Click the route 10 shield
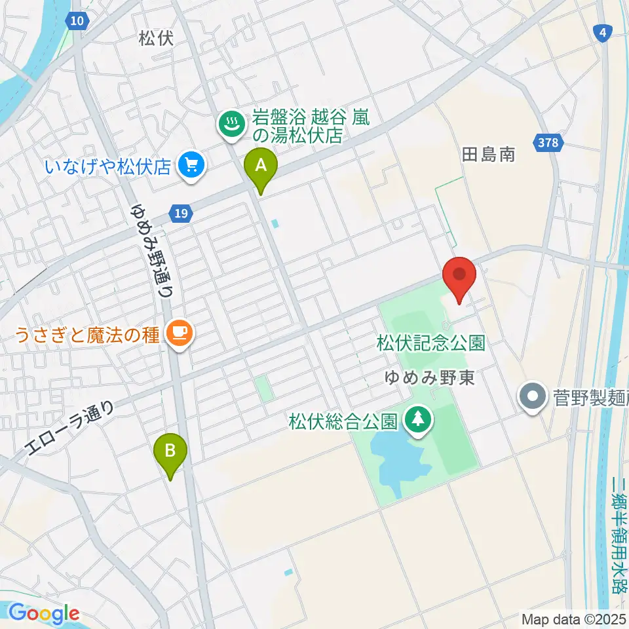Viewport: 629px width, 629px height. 78,21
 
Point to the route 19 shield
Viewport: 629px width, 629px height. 181,212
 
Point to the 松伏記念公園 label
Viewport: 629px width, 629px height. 430,343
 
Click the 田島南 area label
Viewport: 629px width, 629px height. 488,155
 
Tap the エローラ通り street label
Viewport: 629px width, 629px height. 69,429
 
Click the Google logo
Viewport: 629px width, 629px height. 43,613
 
